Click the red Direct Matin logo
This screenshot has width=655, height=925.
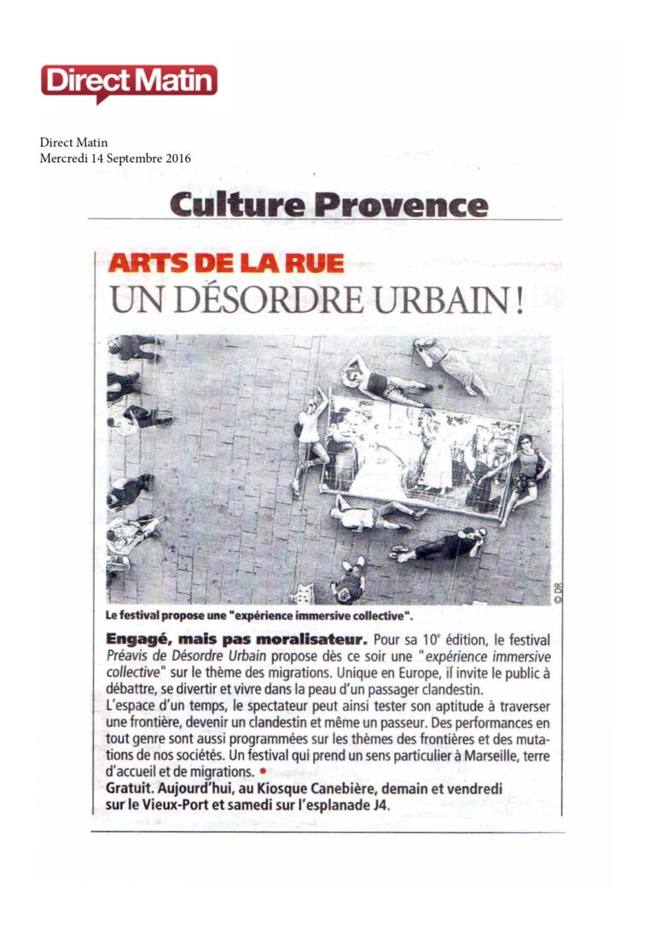129,82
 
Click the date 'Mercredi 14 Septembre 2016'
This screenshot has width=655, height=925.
115,159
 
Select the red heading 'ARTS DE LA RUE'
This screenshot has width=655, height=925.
226,263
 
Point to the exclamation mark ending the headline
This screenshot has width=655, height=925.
518,302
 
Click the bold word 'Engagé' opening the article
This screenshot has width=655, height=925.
137,639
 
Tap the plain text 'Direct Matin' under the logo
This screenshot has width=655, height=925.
73,143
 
